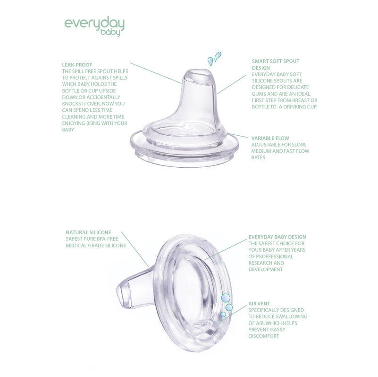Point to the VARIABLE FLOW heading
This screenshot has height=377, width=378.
pos(270,138)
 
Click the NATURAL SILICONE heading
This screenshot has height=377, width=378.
pos(89,232)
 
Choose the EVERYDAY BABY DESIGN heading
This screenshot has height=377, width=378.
pos(277,237)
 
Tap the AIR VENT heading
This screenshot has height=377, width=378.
pos(259,304)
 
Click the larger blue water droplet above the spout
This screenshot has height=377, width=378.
pos(218,57)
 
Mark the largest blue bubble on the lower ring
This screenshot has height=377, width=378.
pos(226,298)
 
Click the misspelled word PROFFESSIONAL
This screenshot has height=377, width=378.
pos(271,257)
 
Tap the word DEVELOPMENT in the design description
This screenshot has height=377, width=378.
pos(266,270)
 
